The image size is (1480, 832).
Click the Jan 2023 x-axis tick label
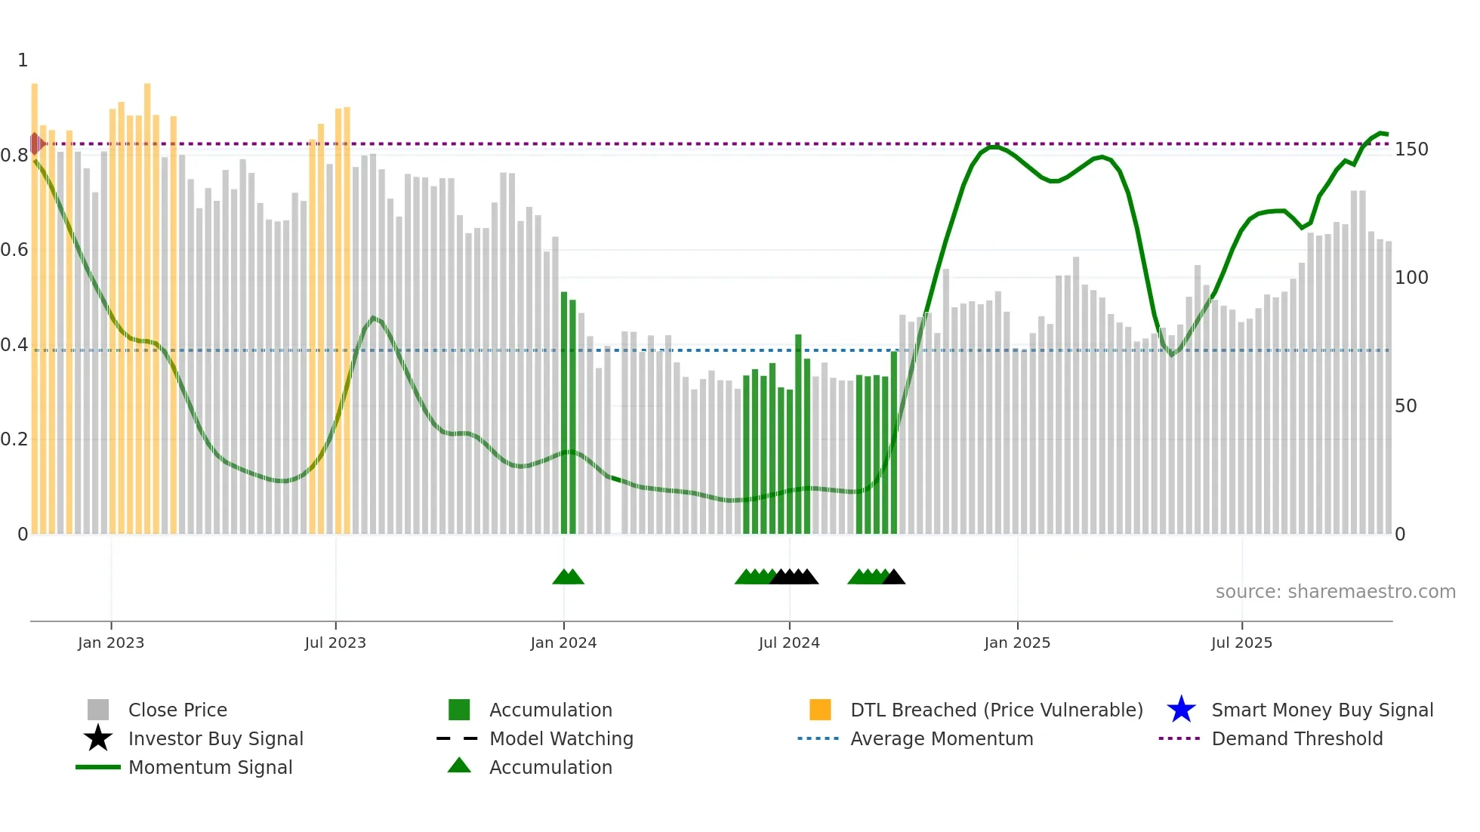click(111, 642)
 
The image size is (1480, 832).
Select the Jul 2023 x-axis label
click(335, 642)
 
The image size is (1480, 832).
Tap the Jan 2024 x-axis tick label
click(563, 642)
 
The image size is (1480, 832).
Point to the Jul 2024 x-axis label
click(789, 642)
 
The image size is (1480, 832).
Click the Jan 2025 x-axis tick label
click(1017, 642)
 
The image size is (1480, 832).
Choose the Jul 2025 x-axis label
click(1241, 642)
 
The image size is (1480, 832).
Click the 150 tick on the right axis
click(1411, 149)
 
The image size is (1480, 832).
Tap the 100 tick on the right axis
click(1411, 278)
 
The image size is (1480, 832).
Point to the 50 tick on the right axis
click(1406, 406)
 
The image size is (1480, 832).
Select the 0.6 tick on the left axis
click(14, 250)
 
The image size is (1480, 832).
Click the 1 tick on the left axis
click(23, 60)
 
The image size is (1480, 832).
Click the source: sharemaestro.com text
click(1335, 592)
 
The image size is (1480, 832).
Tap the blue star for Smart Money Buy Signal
click(1181, 710)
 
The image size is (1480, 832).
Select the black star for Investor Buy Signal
click(98, 738)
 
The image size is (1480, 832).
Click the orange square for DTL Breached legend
click(820, 710)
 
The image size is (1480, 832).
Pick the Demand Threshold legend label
click(1297, 738)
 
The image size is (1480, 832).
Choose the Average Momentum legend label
click(942, 738)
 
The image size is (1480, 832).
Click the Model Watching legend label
click(561, 738)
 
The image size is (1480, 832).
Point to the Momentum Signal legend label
click(210, 767)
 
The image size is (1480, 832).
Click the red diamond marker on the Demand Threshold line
click(35, 143)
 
